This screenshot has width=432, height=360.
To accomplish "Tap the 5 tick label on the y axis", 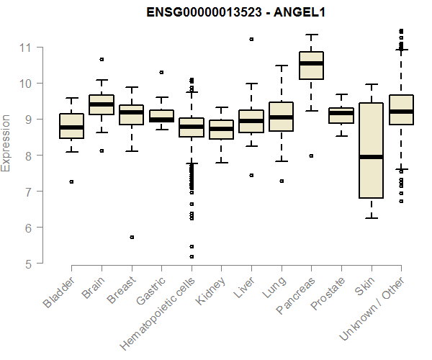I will (29, 264).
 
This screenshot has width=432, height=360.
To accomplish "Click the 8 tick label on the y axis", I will (29, 156).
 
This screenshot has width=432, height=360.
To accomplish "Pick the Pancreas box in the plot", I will (311, 66).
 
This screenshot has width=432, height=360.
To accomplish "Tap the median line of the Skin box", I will (371, 156).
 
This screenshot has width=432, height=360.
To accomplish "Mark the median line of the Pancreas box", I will (311, 63).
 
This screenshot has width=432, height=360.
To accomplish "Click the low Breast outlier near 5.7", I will (132, 237).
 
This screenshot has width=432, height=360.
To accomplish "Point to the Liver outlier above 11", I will (251, 39).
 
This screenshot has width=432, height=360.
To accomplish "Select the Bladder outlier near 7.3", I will (71, 181).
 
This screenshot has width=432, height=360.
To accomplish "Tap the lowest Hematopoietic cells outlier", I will (192, 256).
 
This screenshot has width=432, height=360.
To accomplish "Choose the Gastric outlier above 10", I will (161, 72).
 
